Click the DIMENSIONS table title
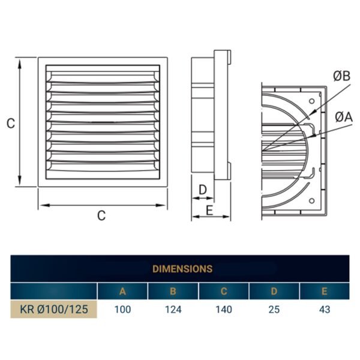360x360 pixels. coord(182,269)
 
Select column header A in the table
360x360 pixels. coord(122,292)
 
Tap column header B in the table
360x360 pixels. coord(173,292)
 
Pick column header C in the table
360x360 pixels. coord(224,292)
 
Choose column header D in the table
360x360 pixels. coord(274,292)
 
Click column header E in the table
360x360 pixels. coord(325,292)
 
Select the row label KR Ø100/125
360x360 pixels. coord(53,310)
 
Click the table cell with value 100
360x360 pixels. coord(122,310)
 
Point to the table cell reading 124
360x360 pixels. coord(173,310)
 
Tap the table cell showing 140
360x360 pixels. coord(224,310)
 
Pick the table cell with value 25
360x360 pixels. coord(274,310)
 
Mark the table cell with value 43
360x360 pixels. coord(325,310)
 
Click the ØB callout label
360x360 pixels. coord(341,76)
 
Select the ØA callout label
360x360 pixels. coord(343,116)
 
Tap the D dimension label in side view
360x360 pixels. coord(203,190)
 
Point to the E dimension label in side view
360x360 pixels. coord(209,210)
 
